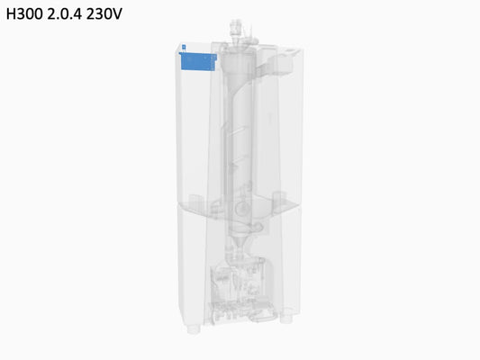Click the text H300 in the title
click(24, 13)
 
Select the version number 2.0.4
click(64, 13)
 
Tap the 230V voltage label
click(104, 13)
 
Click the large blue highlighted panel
click(198, 61)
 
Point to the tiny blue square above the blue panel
click(184, 47)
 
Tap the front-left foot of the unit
click(194, 329)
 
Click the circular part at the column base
click(242, 209)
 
